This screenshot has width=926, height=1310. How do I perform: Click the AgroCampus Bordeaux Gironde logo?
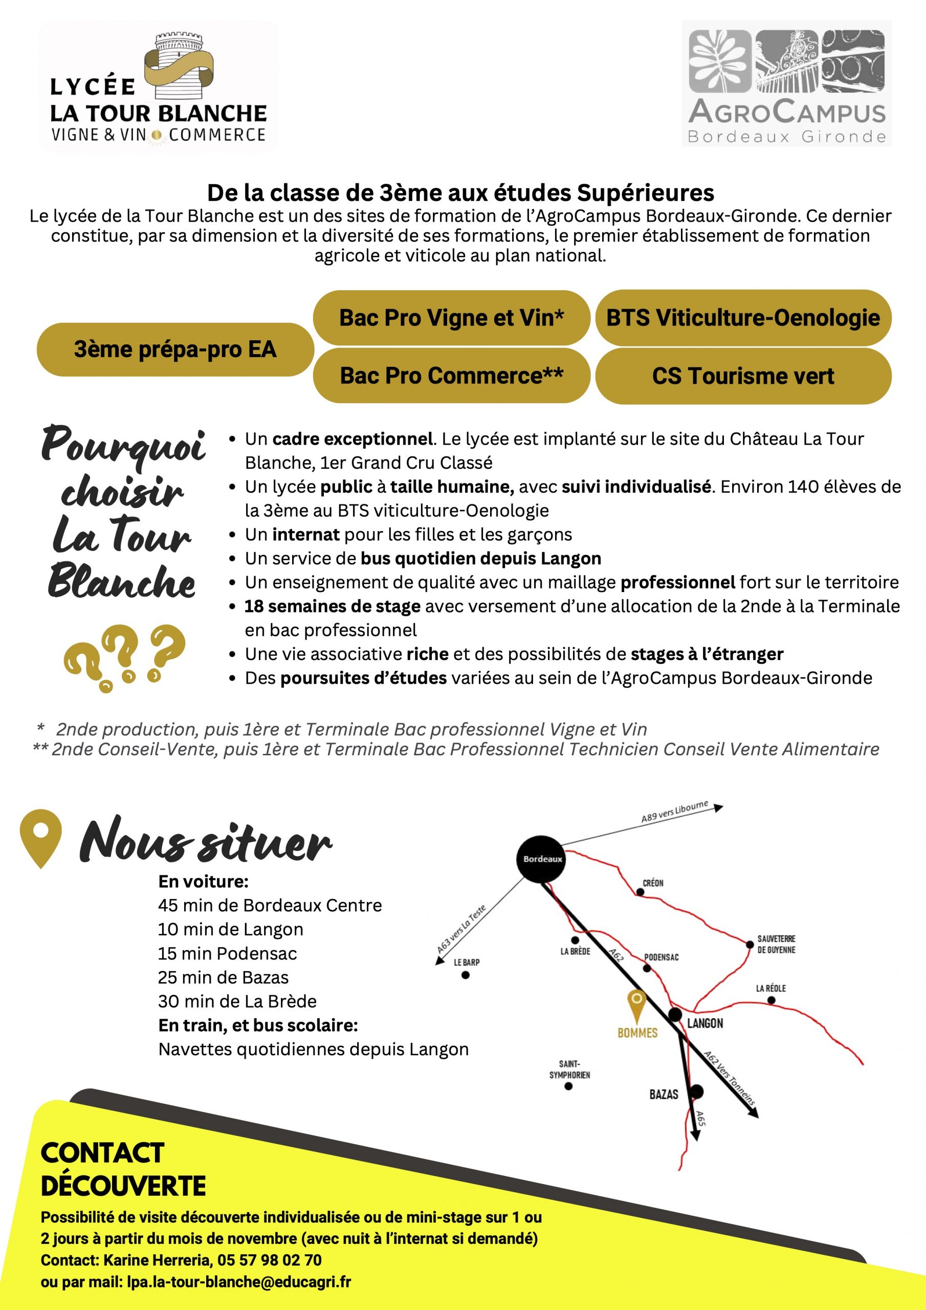[786, 84]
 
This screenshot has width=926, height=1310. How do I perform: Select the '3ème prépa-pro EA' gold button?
[175, 349]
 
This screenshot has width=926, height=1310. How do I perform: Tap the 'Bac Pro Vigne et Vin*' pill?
[451, 318]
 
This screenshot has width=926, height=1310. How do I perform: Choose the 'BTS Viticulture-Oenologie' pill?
[743, 318]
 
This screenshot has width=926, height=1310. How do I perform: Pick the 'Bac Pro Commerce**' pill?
[451, 376]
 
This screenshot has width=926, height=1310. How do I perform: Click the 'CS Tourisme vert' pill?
[743, 376]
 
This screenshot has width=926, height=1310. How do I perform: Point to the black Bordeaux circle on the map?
[540, 859]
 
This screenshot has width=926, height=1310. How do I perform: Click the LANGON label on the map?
[704, 1023]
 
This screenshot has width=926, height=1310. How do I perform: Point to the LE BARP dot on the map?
[466, 975]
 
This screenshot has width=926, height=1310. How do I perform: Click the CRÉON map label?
[653, 883]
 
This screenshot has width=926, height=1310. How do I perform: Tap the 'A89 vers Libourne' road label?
[674, 812]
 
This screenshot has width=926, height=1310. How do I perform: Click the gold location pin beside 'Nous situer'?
[40, 837]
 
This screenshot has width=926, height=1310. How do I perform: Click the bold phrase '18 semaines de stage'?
[332, 606]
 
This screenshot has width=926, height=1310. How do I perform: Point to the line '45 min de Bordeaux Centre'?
[270, 905]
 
